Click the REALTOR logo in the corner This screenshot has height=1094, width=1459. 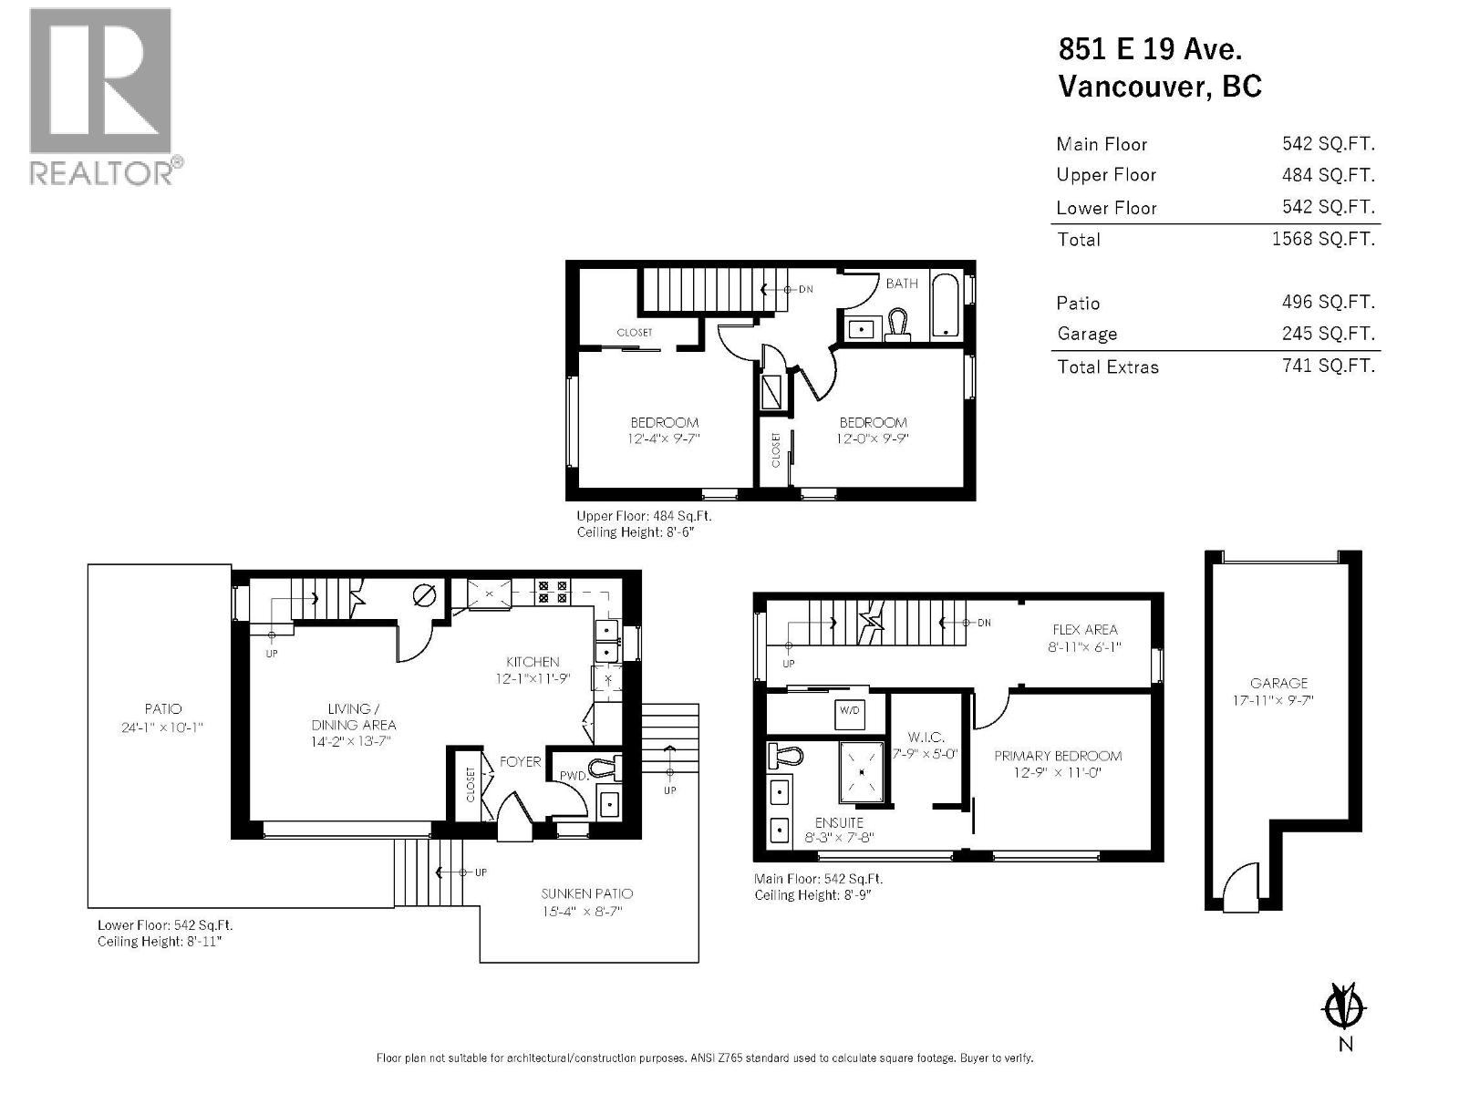pos(100,96)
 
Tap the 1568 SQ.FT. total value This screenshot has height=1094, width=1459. pos(1322,239)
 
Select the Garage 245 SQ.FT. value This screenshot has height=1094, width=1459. pos(1328,334)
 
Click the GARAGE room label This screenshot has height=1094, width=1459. pos(1278,683)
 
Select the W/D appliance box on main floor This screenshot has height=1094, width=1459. pos(848,711)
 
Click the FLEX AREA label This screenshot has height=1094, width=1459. pos(1084,630)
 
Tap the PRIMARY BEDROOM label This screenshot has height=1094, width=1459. pos(1058,756)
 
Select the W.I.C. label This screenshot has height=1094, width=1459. pos(926,737)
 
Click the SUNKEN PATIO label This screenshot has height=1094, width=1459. pos(586,893)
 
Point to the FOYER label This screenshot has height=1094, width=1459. pos(520,761)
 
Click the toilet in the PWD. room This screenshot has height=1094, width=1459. pos(605,769)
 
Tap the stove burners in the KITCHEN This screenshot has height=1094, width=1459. pos(553,593)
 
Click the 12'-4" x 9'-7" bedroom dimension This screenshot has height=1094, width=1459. pos(664,439)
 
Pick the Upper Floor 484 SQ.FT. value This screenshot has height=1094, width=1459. pos(1328,175)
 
